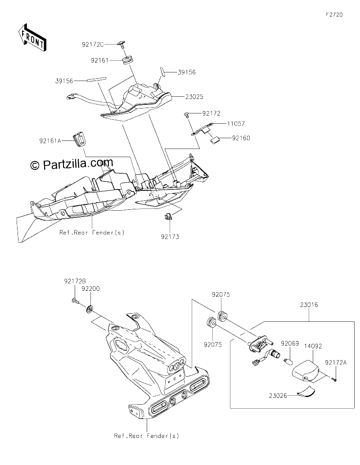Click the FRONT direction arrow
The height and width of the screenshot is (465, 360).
click(32, 37)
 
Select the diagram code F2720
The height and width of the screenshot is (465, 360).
click(334, 14)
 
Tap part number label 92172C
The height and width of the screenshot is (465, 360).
click(93, 45)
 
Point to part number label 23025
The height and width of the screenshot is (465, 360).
click(194, 97)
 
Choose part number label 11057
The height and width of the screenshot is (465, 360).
click(236, 123)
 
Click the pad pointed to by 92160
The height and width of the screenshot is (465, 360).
click(215, 140)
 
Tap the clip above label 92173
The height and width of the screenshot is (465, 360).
click(168, 217)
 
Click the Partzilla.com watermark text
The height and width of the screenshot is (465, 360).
click(72, 163)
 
